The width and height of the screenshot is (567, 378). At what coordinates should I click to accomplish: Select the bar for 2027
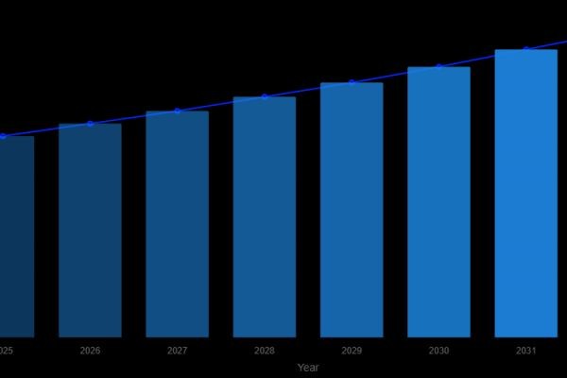[177, 224]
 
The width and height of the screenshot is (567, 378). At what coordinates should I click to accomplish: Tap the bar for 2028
[265, 216]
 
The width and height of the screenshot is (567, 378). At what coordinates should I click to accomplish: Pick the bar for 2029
[352, 210]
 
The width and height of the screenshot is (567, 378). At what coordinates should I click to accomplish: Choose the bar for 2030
[438, 201]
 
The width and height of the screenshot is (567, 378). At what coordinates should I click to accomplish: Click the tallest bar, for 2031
[525, 193]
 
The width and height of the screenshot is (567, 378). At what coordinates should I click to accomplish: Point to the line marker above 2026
[90, 124]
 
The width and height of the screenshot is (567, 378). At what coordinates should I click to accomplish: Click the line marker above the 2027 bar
[177, 111]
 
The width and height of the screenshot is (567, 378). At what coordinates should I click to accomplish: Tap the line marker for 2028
[265, 96]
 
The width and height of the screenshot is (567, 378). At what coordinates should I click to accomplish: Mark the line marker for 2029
[352, 82]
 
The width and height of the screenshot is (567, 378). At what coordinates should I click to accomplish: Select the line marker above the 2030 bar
[438, 66]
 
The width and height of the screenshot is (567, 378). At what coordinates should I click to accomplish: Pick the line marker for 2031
[525, 49]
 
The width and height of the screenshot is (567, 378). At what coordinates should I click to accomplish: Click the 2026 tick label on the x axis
[90, 351]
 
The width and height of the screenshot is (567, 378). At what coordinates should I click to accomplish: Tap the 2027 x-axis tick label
[177, 351]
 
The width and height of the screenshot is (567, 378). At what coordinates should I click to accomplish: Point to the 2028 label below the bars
[265, 351]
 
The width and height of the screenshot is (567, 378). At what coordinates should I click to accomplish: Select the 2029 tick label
[352, 351]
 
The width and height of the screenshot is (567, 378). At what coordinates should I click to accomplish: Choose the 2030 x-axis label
[438, 351]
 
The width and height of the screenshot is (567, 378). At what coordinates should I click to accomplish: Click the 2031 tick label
[525, 351]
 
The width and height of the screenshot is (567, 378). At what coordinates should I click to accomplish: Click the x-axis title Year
[308, 368]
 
